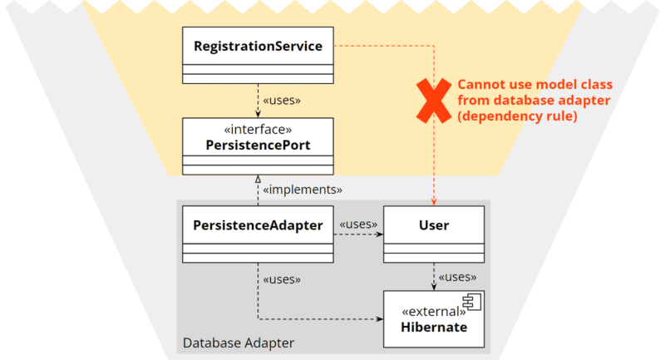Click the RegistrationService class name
coord(258,47)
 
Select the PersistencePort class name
coord(258,145)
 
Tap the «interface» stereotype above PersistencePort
coord(258,129)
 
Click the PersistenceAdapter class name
coord(258,225)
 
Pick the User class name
coord(434,225)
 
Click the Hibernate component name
coord(434,327)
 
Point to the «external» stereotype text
coord(434,312)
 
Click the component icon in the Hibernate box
coord(472,302)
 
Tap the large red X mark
coord(434,101)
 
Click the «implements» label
coord(303,190)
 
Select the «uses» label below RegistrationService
coord(282,101)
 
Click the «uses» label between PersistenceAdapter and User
coord(358,224)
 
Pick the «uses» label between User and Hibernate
coord(458,277)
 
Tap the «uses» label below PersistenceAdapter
coord(282,279)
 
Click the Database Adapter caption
coord(239,343)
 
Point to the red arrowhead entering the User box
coord(434,202)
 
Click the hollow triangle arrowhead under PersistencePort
coord(258,179)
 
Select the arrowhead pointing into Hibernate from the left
coord(379,319)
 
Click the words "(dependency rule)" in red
coord(517,116)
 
